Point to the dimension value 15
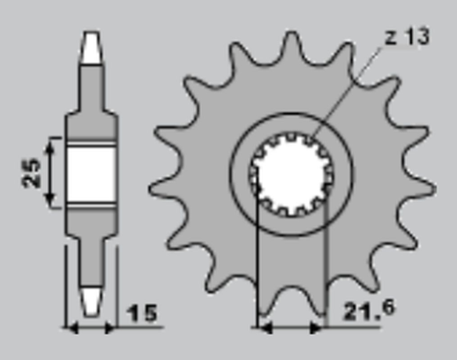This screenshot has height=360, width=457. tap(143, 314)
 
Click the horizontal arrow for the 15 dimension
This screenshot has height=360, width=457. tap(92, 328)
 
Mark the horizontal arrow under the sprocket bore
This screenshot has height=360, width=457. tap(289, 328)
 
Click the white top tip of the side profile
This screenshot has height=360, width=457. tap(91, 48)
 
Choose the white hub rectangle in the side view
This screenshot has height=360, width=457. tap(91, 173)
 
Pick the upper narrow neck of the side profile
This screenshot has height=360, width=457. tap(91, 93)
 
